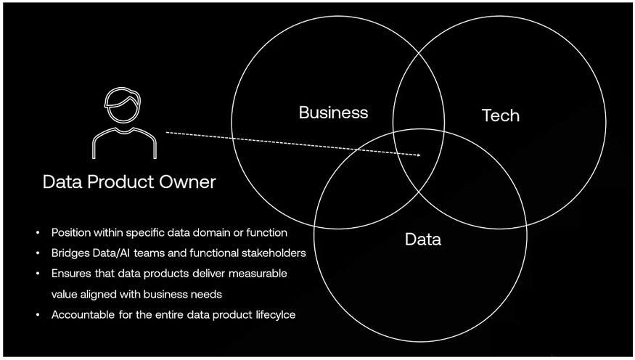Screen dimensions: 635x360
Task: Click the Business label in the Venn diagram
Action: click(333, 112)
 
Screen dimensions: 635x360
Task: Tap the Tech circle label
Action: click(501, 115)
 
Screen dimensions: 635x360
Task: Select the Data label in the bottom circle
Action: click(423, 240)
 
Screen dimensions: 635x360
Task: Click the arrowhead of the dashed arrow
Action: click(417, 155)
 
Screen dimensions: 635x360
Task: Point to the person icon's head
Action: click(123, 105)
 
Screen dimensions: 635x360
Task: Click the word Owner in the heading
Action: click(187, 182)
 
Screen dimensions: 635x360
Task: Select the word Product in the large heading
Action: click(120, 182)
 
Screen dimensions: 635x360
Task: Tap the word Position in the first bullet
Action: click(71, 232)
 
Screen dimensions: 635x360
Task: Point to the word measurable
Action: click(258, 274)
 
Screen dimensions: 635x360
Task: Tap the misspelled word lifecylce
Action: click(275, 315)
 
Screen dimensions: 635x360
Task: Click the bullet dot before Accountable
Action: click(38, 315)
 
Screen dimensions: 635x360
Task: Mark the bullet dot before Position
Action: click(38, 232)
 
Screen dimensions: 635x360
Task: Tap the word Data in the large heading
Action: click(62, 182)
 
